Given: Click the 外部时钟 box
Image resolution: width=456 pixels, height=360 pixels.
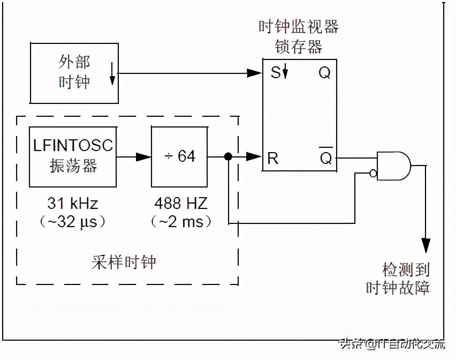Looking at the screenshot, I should (74, 73).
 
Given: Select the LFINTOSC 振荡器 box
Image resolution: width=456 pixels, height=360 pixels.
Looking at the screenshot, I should (73, 156).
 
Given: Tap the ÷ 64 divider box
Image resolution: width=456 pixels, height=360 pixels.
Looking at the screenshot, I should (179, 156).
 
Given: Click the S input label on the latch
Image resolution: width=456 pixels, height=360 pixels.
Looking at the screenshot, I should (275, 73).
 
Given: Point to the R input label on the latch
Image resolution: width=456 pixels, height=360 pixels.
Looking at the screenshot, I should (273, 157).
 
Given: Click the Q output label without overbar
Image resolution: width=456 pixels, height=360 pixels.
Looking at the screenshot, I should (325, 73).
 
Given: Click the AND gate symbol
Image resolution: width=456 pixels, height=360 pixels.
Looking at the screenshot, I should (393, 165).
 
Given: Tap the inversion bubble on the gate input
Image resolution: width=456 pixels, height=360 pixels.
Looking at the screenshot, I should (373, 172).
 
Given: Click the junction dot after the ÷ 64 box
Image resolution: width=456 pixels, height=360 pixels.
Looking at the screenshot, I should (228, 157).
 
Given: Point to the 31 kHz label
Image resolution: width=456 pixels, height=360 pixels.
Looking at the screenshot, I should (73, 204).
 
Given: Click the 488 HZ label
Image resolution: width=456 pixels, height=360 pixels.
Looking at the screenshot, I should (180, 204).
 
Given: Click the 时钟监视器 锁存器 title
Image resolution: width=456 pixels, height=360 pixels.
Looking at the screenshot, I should (298, 36).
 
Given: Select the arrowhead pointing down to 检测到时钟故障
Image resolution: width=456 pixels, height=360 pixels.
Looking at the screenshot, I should (426, 245).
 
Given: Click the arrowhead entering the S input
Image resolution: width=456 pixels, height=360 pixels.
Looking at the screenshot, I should (254, 73).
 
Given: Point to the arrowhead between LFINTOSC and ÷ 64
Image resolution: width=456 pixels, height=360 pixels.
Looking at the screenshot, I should (143, 157).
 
